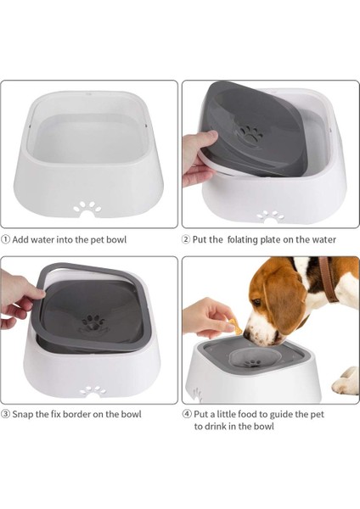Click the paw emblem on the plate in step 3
pos(93,322)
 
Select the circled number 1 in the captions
pos(6,239)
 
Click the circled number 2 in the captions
pos(187,239)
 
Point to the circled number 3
pos(6,414)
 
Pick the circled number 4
pos(187,414)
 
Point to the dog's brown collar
pos(327,282)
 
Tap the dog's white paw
pos(346,383)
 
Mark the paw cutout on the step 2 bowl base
pos(270,215)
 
